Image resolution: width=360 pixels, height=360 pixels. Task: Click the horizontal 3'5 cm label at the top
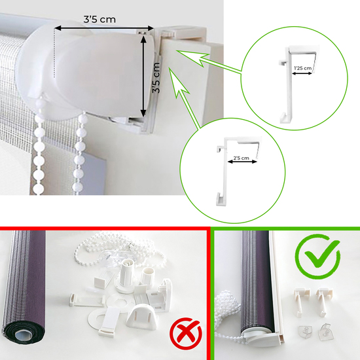pos(99,19)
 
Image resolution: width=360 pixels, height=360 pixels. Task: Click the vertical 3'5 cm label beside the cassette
pos(156,78)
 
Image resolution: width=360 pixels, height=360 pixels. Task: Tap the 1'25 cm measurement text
pos(302,67)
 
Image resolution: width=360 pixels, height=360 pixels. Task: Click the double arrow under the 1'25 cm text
pos(302,74)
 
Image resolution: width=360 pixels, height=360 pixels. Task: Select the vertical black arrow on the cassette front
pos(143,73)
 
